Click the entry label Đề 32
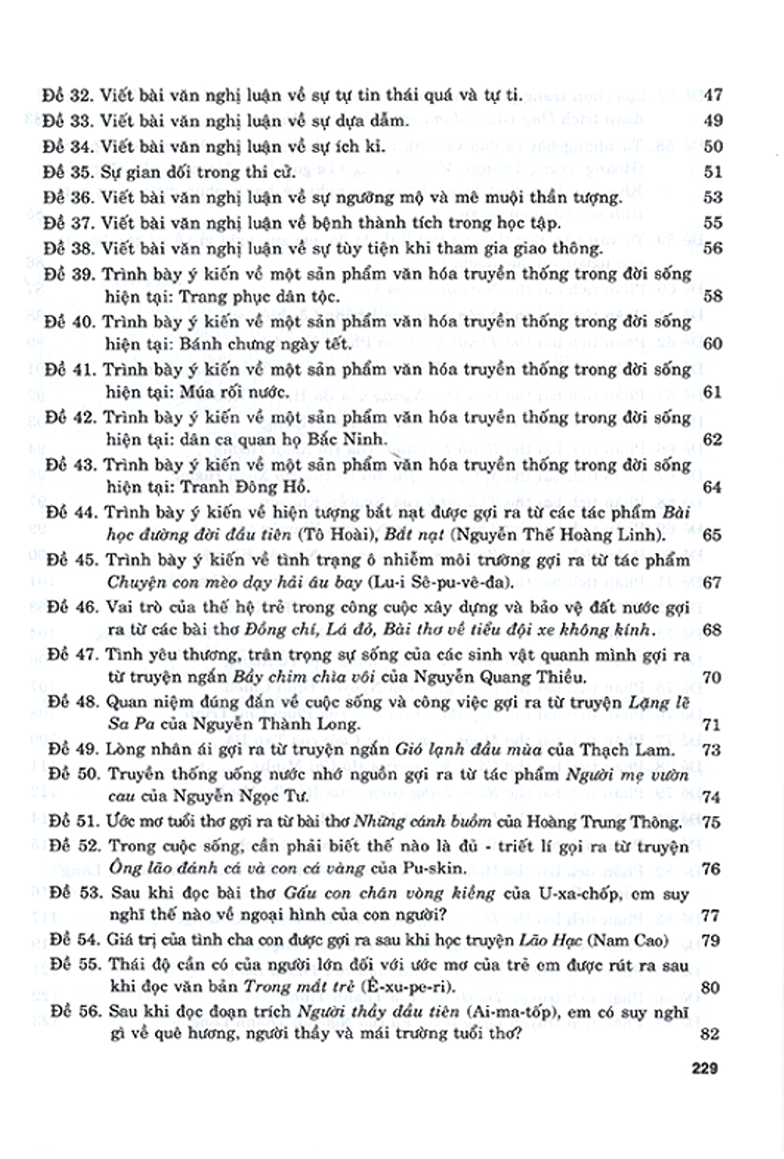click(x=67, y=95)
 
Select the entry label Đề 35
click(x=67, y=172)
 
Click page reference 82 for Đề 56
click(x=709, y=1034)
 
